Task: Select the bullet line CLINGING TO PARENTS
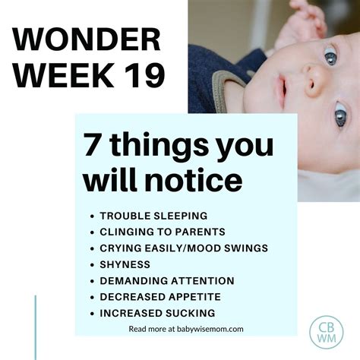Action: tap(162, 232)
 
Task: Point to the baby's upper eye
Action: tap(330, 55)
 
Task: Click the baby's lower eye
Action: tap(339, 117)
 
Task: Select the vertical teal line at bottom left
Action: tap(36, 327)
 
